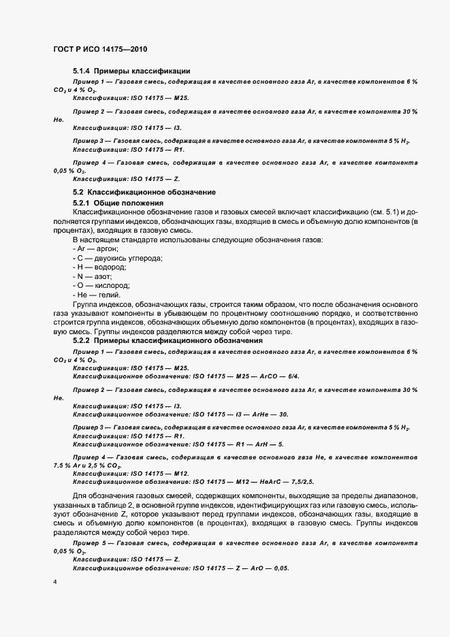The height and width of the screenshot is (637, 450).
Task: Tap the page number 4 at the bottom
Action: pos(54,583)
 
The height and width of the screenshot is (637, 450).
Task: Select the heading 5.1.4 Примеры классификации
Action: pos(131,71)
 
